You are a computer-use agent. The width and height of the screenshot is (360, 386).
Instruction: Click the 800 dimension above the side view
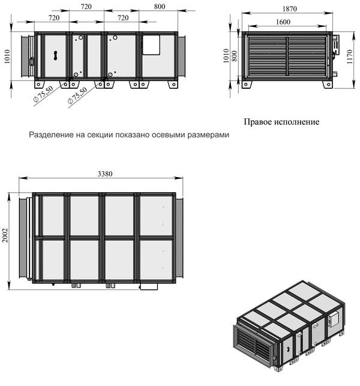tap(160, 7)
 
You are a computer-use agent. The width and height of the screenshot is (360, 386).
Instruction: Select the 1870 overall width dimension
tap(290, 9)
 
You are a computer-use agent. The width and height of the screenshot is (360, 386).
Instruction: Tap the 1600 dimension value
tap(283, 22)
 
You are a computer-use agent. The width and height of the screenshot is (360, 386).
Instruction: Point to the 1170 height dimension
tap(349, 56)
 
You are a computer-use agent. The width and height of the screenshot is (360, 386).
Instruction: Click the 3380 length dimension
tap(105, 174)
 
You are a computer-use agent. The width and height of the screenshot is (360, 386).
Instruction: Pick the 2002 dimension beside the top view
tap(5, 235)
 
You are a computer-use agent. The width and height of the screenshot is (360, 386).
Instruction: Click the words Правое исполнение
tap(281, 122)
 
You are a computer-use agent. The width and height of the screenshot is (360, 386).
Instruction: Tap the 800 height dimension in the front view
tap(234, 56)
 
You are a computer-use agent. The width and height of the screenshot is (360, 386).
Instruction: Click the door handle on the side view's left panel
tap(56, 55)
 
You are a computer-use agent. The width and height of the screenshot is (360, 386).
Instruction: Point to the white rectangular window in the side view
tap(151, 45)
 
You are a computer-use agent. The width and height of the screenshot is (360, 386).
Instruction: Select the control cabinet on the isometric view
tap(333, 319)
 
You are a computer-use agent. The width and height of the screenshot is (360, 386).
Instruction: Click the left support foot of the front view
tap(247, 84)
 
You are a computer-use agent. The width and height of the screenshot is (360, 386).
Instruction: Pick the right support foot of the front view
tap(328, 84)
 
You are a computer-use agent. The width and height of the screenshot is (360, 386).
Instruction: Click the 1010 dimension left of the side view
tap(7, 56)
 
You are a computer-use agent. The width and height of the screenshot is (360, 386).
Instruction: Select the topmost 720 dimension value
tap(86, 7)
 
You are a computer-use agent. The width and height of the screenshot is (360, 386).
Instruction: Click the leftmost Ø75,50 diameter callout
tap(43, 94)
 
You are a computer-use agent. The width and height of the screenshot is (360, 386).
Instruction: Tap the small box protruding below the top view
tap(149, 286)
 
